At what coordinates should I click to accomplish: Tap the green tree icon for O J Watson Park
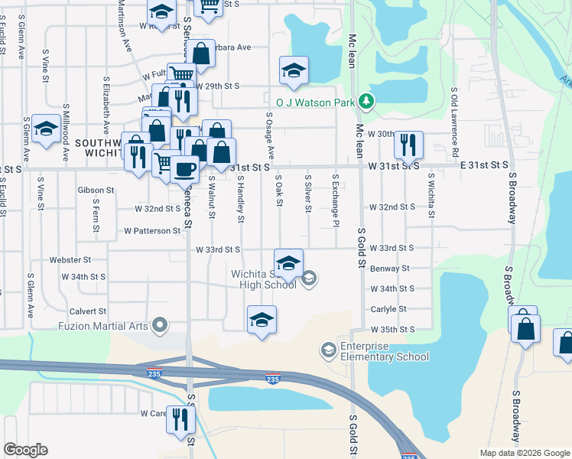click(x=366, y=101)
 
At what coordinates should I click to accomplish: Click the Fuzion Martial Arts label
click(x=106, y=326)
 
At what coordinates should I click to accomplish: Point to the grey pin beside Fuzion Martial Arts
click(x=160, y=326)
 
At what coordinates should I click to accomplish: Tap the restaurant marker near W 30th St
click(x=408, y=144)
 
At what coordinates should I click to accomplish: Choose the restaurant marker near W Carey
click(x=181, y=418)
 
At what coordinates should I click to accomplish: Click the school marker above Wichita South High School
click(x=288, y=262)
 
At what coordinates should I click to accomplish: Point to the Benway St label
click(x=389, y=269)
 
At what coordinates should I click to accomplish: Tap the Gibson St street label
click(x=96, y=190)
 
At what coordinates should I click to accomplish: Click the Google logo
click(x=25, y=450)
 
